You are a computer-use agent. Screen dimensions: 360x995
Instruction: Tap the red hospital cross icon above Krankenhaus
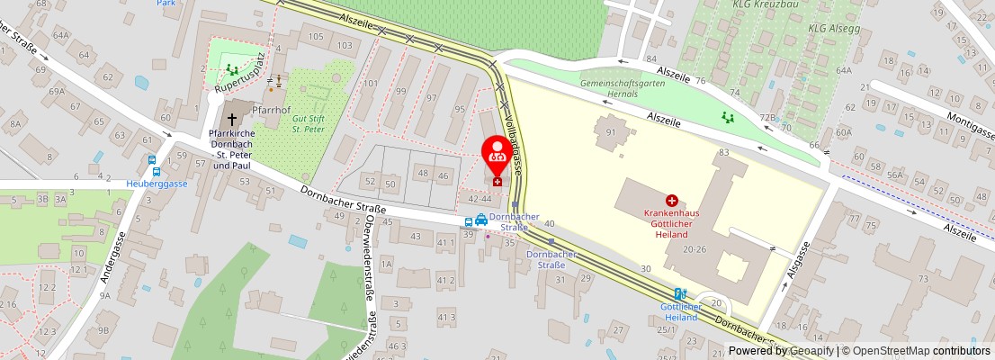click(671, 201)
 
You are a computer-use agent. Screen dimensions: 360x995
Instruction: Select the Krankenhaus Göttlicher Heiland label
click(672, 222)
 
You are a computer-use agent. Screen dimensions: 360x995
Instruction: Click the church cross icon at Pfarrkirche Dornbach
click(232, 118)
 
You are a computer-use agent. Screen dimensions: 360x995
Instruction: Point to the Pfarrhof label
click(270, 110)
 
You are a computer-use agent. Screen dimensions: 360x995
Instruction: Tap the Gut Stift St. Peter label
click(307, 123)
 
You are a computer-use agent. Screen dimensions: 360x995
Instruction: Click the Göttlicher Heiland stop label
click(679, 311)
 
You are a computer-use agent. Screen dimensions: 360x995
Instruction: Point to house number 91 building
click(611, 132)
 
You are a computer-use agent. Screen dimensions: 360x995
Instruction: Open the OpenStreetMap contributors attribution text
click(916, 351)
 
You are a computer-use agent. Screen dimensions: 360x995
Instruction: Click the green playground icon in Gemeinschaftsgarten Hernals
click(727, 116)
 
